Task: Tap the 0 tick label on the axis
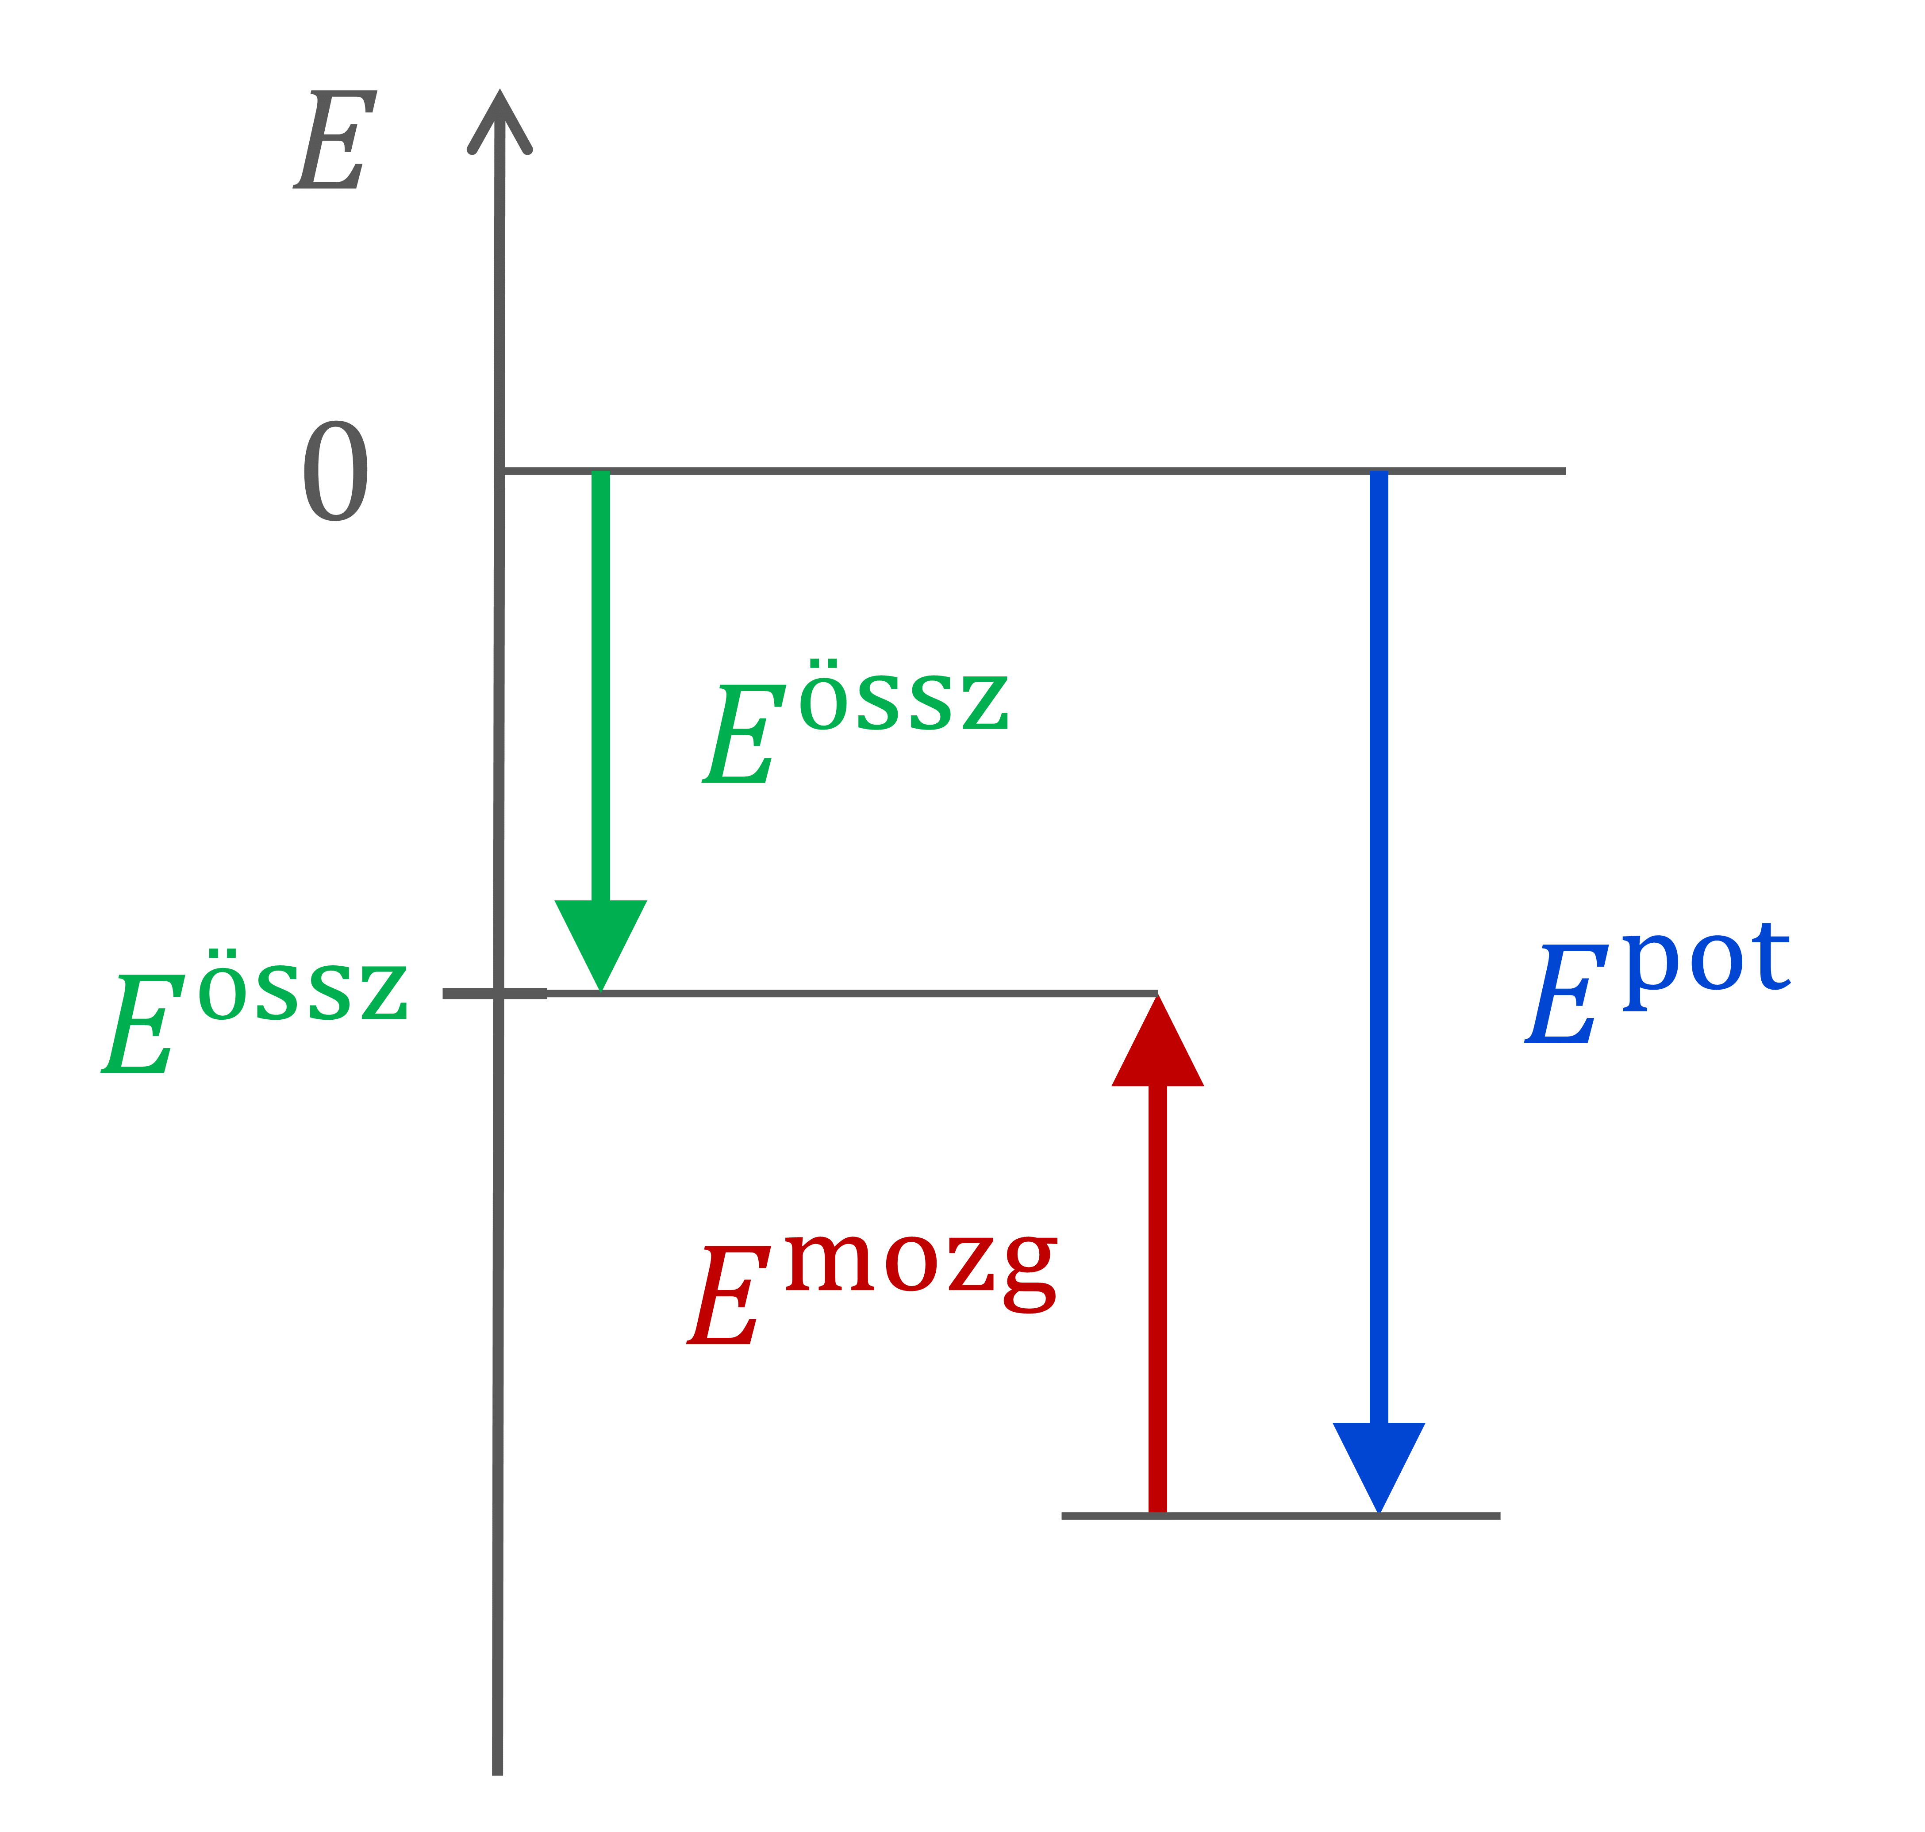(x=336, y=471)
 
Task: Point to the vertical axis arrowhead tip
(x=500, y=91)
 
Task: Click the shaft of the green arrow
(x=601, y=686)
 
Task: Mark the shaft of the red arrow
(x=1157, y=1299)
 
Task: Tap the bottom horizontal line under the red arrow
(x=1280, y=1516)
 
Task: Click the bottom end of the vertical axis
(x=497, y=1774)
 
